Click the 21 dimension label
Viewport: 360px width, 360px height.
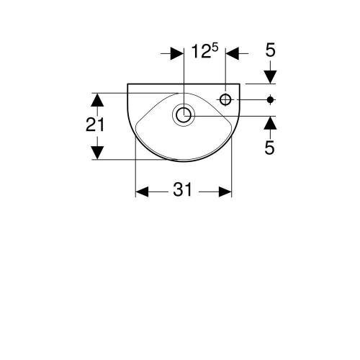[x=95, y=125]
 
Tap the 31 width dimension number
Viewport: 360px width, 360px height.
[x=183, y=189]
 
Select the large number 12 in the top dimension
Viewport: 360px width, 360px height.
[x=201, y=52]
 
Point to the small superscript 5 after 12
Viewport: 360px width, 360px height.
[x=215, y=48]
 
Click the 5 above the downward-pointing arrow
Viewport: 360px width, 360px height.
[x=270, y=50]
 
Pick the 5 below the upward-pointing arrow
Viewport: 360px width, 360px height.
[x=269, y=148]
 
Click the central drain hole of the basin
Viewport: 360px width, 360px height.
[x=184, y=115]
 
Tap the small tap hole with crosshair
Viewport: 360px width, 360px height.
[x=225, y=99]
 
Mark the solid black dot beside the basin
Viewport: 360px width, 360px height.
[x=270, y=99]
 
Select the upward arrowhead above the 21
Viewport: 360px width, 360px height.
[x=97, y=100]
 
